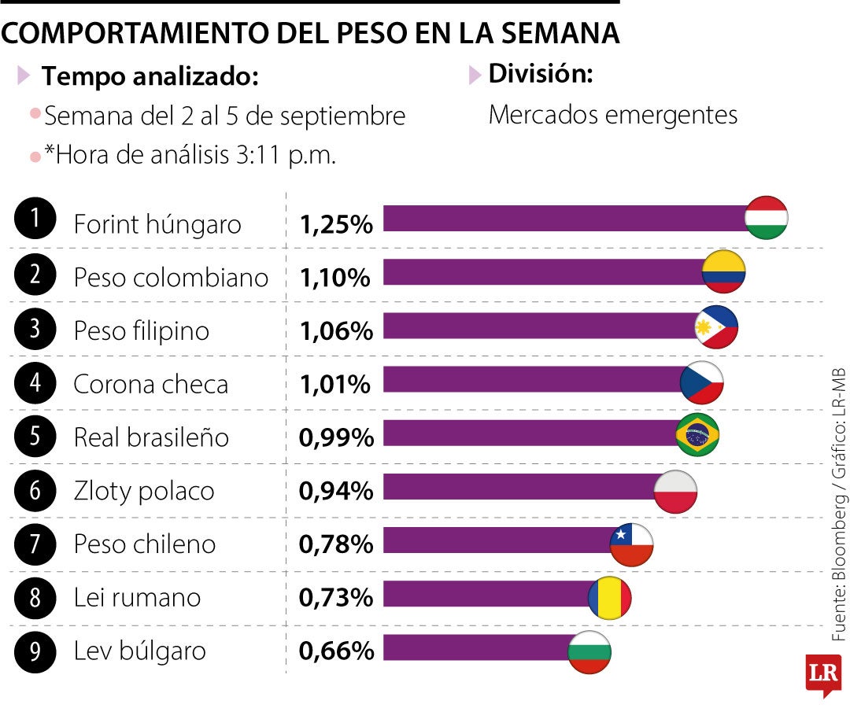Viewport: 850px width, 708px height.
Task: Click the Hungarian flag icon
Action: pos(766,218)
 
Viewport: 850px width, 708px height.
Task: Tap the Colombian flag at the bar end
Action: pos(723,271)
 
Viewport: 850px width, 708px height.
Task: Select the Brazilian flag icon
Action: pos(697,434)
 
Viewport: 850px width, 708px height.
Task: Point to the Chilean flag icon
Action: pos(632,544)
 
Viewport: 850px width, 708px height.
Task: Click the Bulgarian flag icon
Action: pos(589,652)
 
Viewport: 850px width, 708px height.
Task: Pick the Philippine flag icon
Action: pos(716,326)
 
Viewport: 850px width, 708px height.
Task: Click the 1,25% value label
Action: pos(335,225)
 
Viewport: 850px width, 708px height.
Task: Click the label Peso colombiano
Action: pos(171,278)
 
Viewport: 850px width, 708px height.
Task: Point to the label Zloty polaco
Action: pos(144,492)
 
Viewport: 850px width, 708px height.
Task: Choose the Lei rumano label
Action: pos(137,598)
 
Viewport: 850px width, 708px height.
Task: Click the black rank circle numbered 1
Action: pos(35,219)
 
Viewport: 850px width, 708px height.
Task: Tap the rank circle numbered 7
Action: pos(35,543)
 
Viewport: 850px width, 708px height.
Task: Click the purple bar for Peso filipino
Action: pos(539,326)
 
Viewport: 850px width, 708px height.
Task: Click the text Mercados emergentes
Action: pos(613,115)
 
